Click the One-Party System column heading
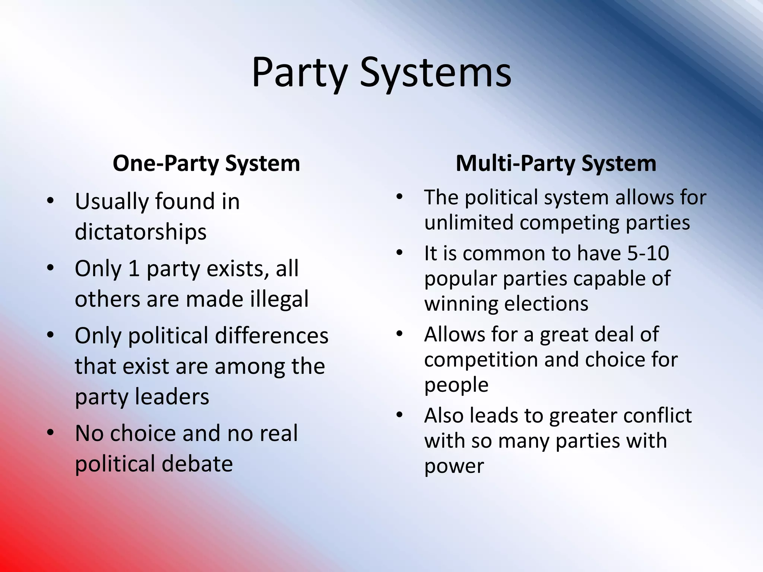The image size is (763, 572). [206, 163]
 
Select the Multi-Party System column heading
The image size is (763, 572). [556, 163]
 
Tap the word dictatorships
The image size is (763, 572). [140, 232]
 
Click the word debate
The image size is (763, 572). [197, 464]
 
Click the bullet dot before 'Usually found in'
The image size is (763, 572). [51, 201]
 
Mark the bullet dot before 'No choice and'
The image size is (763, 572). [51, 433]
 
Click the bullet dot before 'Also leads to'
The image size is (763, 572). [400, 415]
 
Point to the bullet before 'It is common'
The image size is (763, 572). [400, 253]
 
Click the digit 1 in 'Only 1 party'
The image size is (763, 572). [134, 268]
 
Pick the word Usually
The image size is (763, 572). [112, 202]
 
